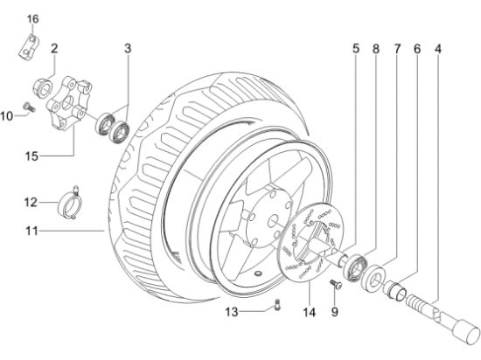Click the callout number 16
coord(33,18)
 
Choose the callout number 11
coord(31,232)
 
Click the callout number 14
coord(309,309)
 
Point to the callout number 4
coord(440,48)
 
